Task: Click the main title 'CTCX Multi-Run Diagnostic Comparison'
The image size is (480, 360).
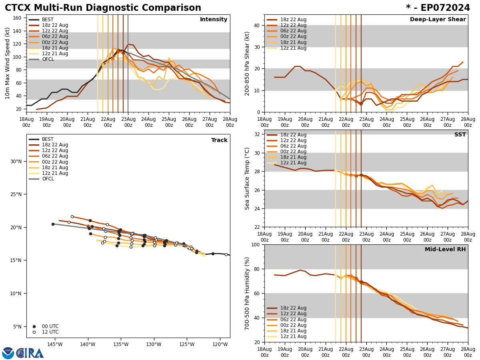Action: tap(103, 8)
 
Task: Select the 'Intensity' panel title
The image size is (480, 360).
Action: tap(214, 20)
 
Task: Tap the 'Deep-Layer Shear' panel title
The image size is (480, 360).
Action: tap(438, 20)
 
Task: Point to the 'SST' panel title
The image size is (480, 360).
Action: tap(460, 135)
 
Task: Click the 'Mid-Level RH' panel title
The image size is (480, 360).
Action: tap(445, 250)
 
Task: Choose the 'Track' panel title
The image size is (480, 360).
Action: tap(219, 140)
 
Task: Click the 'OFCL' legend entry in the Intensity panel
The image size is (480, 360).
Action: tap(48, 59)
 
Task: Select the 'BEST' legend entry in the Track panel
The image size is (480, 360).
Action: tap(48, 139)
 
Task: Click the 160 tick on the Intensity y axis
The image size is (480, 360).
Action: tap(18, 18)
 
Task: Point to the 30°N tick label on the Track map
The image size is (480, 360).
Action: tap(16, 162)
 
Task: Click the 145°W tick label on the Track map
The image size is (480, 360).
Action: tap(55, 344)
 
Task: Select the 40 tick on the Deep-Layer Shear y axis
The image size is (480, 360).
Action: tap(256, 25)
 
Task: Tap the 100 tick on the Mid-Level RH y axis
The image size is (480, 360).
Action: tap(254, 244)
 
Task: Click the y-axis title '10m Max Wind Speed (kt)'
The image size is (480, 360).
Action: tap(8, 63)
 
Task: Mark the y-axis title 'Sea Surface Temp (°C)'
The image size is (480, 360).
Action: tap(247, 178)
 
